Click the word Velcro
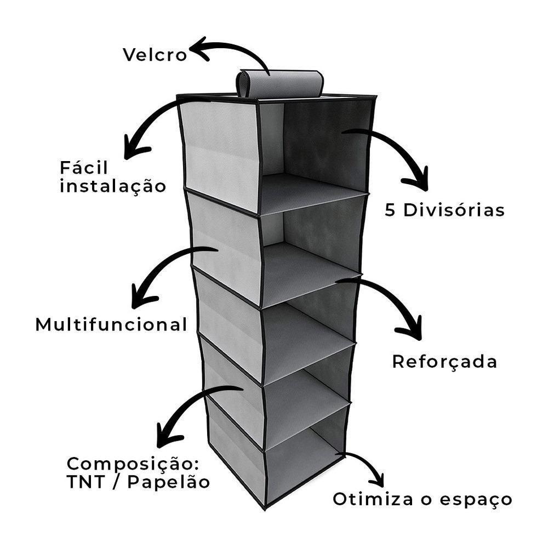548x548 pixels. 155,55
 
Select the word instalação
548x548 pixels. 113,186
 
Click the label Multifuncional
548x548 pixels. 111,324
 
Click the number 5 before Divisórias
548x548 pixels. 390,210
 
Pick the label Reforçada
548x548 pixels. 444,362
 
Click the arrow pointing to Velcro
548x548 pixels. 230,52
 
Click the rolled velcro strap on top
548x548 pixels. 279,84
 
